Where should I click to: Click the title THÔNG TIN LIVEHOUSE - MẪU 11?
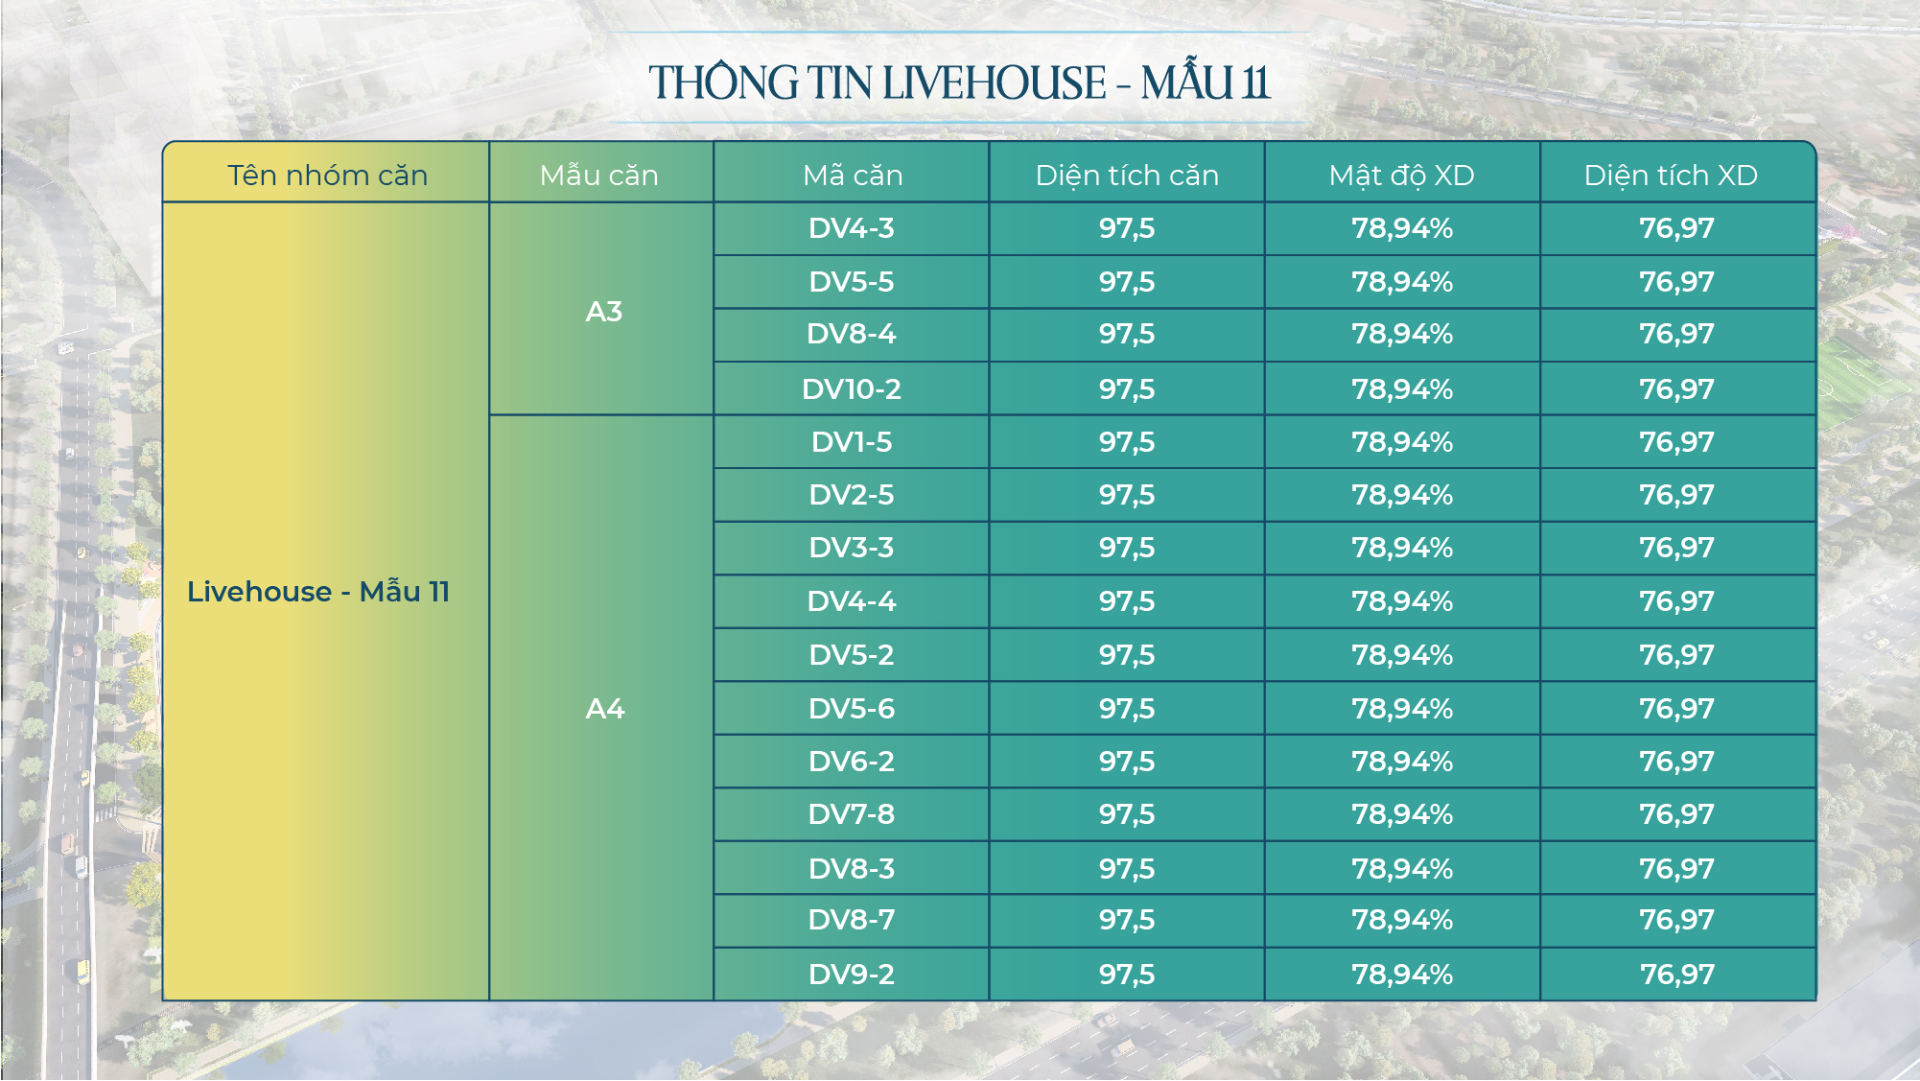959,82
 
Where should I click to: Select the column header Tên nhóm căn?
327,176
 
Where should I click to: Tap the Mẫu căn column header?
599,176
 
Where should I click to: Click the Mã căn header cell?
853,176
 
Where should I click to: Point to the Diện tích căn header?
1127,176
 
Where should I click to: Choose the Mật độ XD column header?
1401,176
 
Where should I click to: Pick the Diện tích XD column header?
1671,176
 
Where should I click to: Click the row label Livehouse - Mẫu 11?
318,592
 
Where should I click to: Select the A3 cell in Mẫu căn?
604,312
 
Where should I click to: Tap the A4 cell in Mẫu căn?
604,709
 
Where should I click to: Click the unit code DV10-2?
852,389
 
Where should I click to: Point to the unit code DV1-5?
852,442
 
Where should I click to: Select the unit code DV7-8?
852,814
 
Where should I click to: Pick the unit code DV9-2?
852,975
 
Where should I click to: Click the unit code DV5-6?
852,709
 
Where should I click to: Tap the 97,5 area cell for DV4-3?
1127,228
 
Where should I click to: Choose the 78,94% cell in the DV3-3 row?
1402,548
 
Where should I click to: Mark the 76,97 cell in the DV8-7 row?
1676,920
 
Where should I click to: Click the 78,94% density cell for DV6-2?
1402,762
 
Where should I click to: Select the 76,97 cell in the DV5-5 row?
1676,282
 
